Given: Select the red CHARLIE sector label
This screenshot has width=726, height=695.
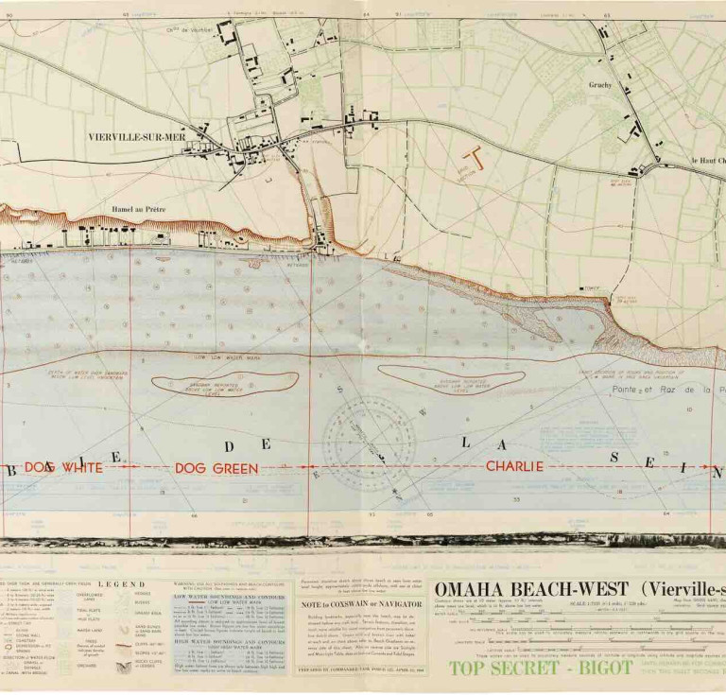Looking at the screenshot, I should [514, 466].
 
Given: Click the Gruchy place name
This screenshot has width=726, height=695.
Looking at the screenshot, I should [599, 85].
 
